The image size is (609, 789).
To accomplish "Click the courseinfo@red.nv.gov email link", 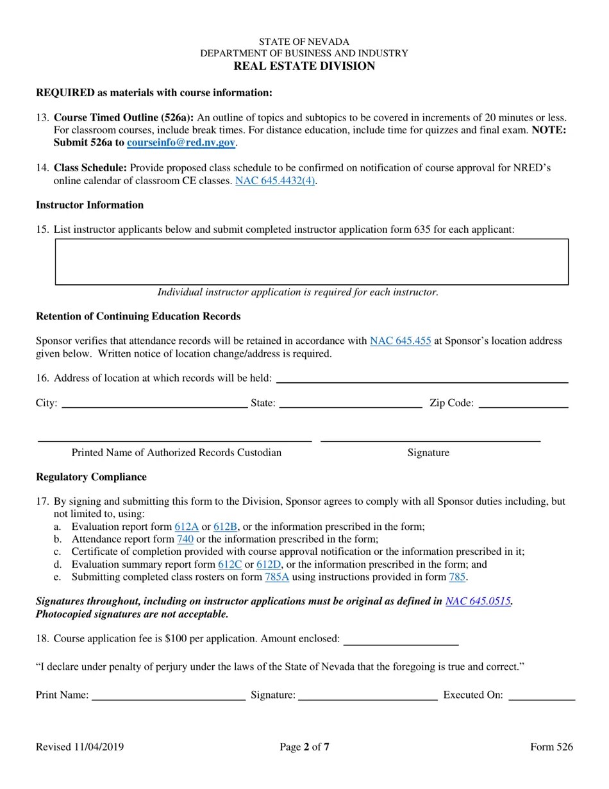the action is coord(181,142).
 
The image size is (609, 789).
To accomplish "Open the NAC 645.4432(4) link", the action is coord(275,181).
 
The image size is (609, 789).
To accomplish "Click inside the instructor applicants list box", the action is coord(312,262).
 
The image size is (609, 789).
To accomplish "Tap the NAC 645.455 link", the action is coord(400,341).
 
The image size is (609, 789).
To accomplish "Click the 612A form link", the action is coord(187,527).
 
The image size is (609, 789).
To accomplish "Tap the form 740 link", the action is coord(185,539).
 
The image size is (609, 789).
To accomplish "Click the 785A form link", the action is coord(277,577).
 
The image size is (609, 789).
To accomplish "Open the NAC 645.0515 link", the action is coord(478,601).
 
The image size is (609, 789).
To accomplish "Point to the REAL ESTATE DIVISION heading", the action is coord(304,66).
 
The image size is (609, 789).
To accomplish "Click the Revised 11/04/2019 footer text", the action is coord(80,747).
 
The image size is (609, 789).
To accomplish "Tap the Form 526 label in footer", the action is coord(551,747).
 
